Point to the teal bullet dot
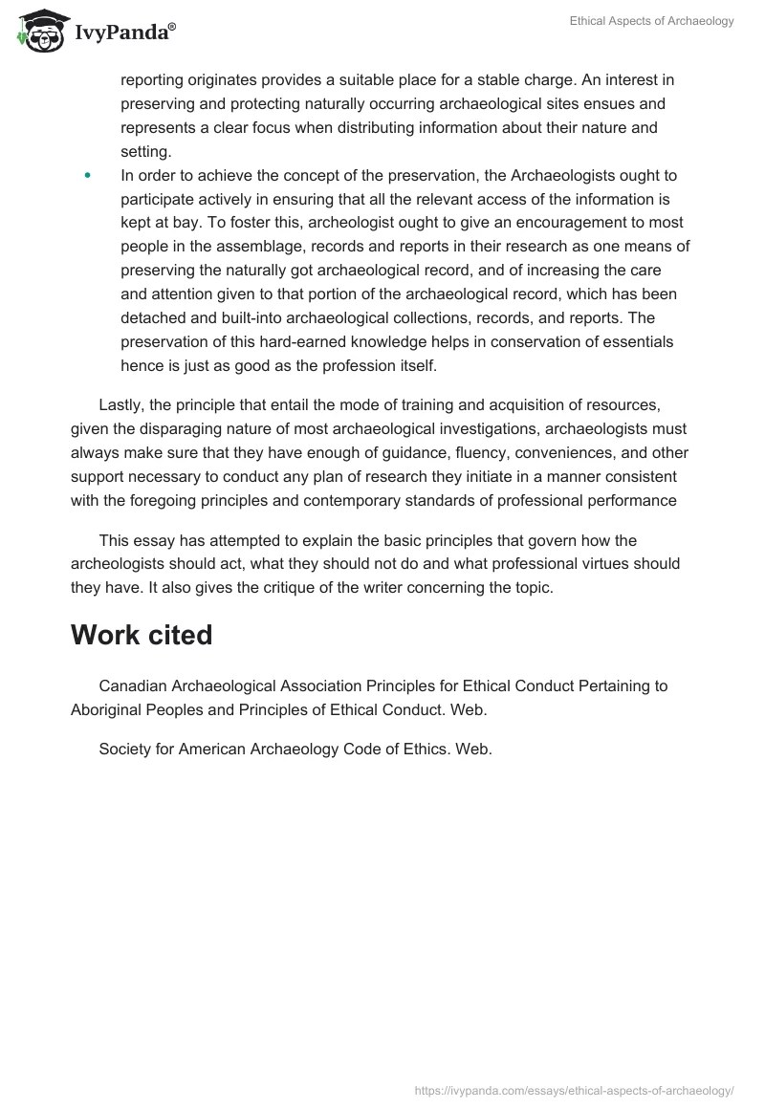[x=88, y=175]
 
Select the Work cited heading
[x=142, y=635]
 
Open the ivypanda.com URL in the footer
[x=575, y=1089]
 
